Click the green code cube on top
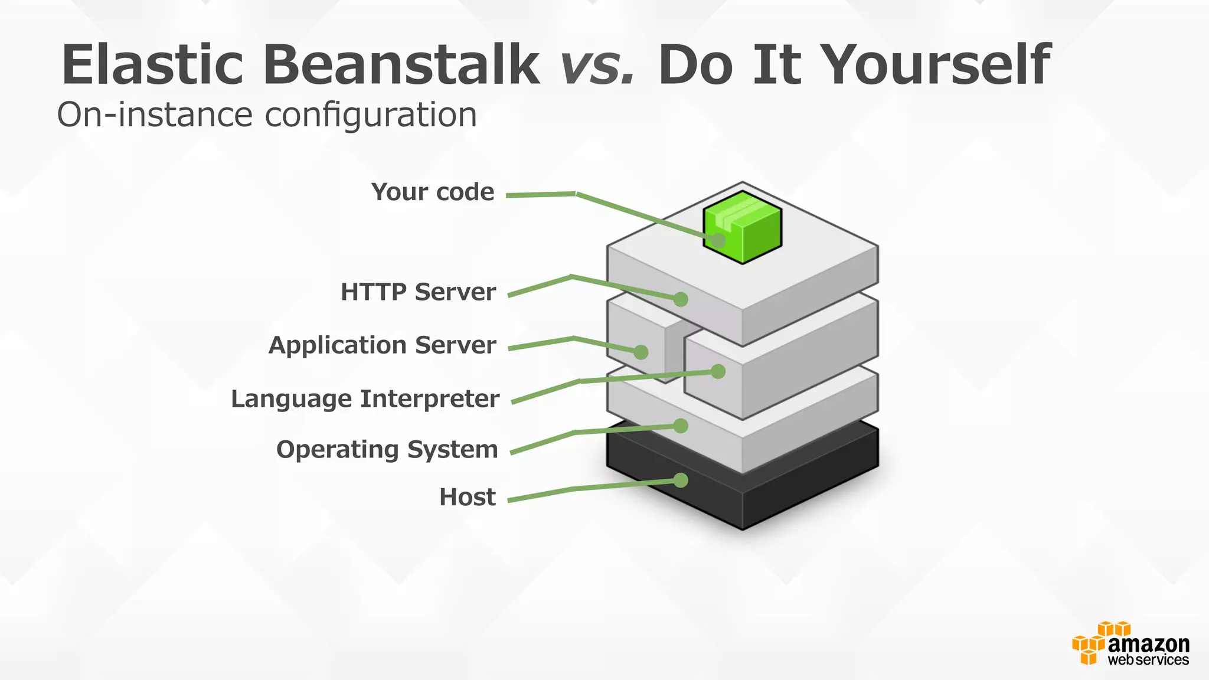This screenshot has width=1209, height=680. tap(743, 227)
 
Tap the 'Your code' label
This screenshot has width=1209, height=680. tap(433, 192)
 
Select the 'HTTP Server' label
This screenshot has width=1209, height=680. tap(418, 292)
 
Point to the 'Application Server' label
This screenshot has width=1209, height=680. tap(382, 345)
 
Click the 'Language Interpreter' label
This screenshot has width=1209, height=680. tap(365, 399)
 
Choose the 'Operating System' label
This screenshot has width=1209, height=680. tap(387, 450)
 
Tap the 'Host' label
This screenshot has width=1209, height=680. tap(467, 498)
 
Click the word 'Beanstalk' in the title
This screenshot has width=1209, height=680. tap(401, 64)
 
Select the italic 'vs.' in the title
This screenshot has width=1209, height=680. tap(597, 64)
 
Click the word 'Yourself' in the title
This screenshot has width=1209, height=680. tap(936, 64)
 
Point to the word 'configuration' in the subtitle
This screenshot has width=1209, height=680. tap(371, 115)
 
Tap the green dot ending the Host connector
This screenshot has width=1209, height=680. tap(681, 480)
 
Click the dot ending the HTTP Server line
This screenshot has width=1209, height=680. tap(681, 299)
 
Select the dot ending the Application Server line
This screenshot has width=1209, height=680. tap(641, 352)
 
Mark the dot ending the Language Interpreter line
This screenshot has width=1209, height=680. tap(718, 371)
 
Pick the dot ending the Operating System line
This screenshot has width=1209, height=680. tap(681, 426)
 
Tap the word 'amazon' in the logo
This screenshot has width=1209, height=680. tap(1148, 643)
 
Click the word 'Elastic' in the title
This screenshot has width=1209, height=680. tap(152, 64)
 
